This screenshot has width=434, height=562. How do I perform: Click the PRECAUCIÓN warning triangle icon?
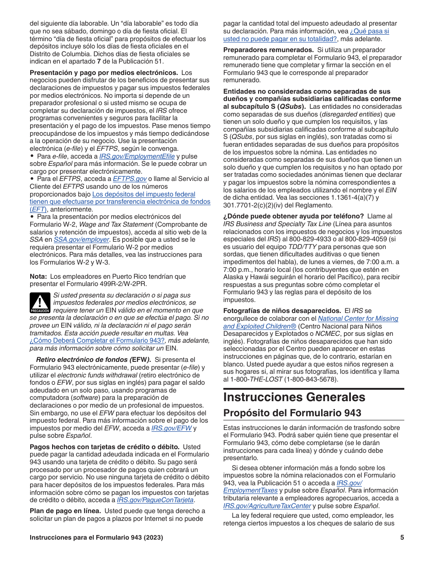[40, 302]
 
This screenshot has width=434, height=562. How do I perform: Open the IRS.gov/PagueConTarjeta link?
[155, 500]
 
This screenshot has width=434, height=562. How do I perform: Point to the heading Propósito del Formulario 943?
[292, 413]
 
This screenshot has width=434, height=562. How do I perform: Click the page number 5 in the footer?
[402, 537]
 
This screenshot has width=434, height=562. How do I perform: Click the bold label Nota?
[38, 276]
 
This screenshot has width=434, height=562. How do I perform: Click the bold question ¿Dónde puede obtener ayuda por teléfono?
[293, 216]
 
